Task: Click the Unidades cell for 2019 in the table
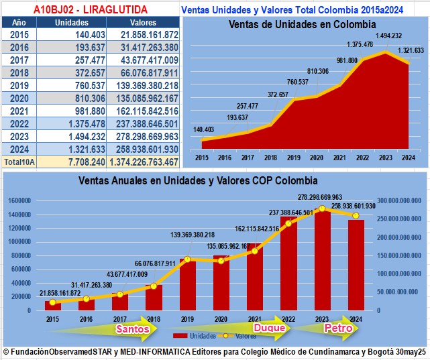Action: pos(68,85)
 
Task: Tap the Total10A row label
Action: pos(19,162)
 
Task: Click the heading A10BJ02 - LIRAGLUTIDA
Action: pos(91,9)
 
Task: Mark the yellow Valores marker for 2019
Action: pos(188,259)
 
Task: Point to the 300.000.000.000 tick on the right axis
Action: pos(399,200)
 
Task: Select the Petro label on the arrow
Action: pos(337,328)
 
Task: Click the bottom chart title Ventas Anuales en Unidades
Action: pos(198,181)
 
